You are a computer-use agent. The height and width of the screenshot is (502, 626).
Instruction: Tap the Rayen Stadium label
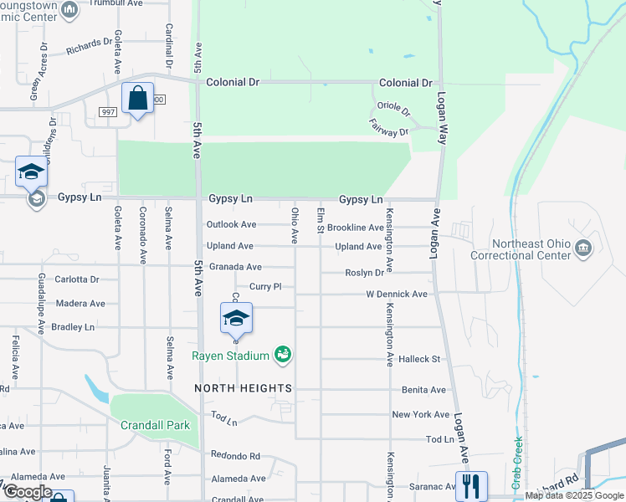(x=230, y=356)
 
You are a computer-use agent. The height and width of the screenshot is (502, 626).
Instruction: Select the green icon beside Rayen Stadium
(x=284, y=356)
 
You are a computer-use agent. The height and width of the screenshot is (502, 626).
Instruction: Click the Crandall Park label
(x=155, y=425)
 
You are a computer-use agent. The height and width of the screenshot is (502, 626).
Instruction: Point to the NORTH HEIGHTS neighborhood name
(x=244, y=388)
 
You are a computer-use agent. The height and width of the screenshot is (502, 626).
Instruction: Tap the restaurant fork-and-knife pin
(x=471, y=484)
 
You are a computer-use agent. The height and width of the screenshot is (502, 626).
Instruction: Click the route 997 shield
(x=108, y=111)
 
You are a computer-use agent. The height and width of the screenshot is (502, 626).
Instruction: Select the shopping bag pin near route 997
(x=137, y=98)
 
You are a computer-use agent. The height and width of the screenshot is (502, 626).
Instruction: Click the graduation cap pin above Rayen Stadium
(x=236, y=318)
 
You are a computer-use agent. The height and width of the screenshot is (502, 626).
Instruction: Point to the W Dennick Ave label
(x=397, y=295)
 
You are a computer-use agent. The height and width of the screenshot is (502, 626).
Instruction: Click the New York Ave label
(x=421, y=414)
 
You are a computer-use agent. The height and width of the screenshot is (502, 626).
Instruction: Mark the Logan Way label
(x=443, y=109)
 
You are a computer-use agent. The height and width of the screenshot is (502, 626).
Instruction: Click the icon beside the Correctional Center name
(x=583, y=248)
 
